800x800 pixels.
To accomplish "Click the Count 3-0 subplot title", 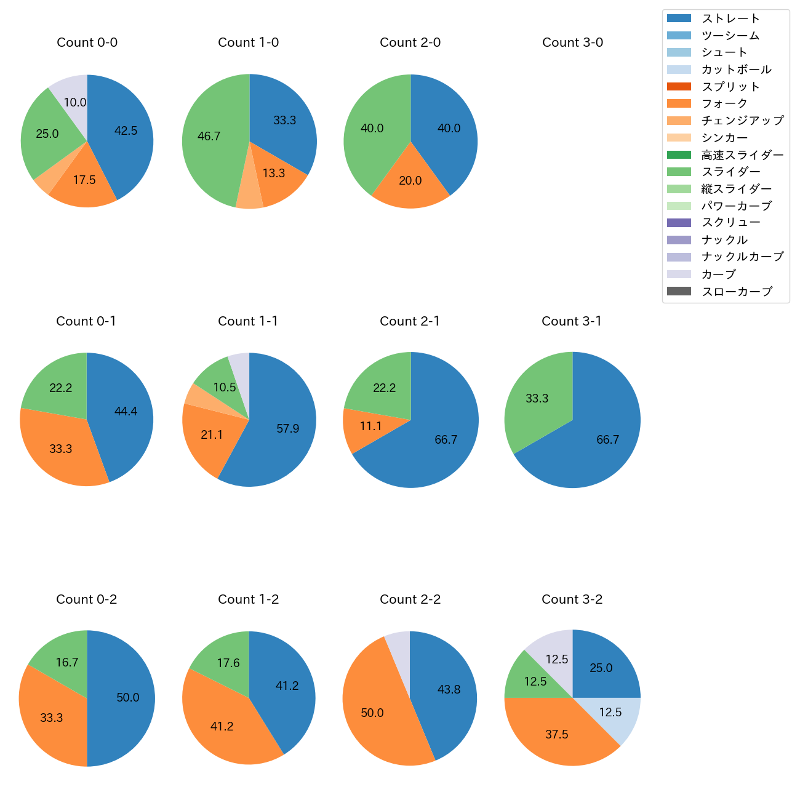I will coord(572,42).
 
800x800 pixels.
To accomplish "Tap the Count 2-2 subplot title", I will coord(410,599).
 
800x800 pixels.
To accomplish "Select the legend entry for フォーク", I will coord(724,103).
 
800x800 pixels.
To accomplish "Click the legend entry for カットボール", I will coord(736,70).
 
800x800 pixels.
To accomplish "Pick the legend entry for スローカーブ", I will coord(737,292).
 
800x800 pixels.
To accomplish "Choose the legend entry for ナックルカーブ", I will coord(742,257).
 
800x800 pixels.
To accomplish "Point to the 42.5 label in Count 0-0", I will coord(126,130).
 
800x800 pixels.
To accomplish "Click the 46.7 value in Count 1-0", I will coord(209,136).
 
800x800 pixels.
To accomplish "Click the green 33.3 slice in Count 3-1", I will coord(537,398).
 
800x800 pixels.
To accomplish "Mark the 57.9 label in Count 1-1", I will coord(287,428).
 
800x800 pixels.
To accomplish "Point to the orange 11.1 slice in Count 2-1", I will coord(370,426).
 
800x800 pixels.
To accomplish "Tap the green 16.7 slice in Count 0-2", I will coord(66,662).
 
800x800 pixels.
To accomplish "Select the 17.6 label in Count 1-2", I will coord(228,663).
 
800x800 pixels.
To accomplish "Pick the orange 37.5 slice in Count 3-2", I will coord(557,734).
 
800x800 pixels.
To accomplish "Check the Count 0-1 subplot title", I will coord(86,321).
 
